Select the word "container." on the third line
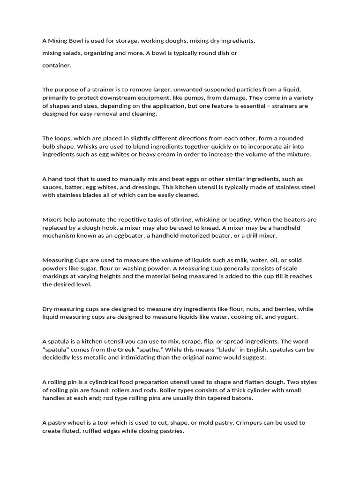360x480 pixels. [57, 65]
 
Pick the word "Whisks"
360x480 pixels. [90, 146]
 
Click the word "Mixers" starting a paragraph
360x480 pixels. [52, 219]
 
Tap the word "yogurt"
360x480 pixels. [286, 317]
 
